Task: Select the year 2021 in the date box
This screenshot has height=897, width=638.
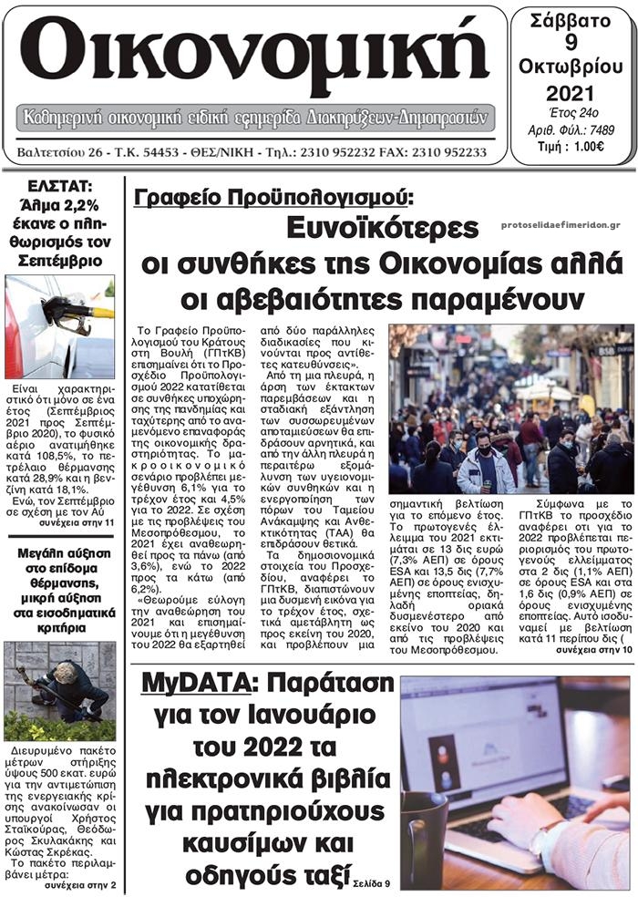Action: pos(571,93)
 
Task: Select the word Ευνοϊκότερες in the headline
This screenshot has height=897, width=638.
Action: pos(384,228)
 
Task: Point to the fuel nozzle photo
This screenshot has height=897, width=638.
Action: pos(60,325)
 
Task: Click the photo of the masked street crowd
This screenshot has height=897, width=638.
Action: pos(510,408)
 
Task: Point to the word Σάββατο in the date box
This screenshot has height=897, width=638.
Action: pos(571,19)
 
